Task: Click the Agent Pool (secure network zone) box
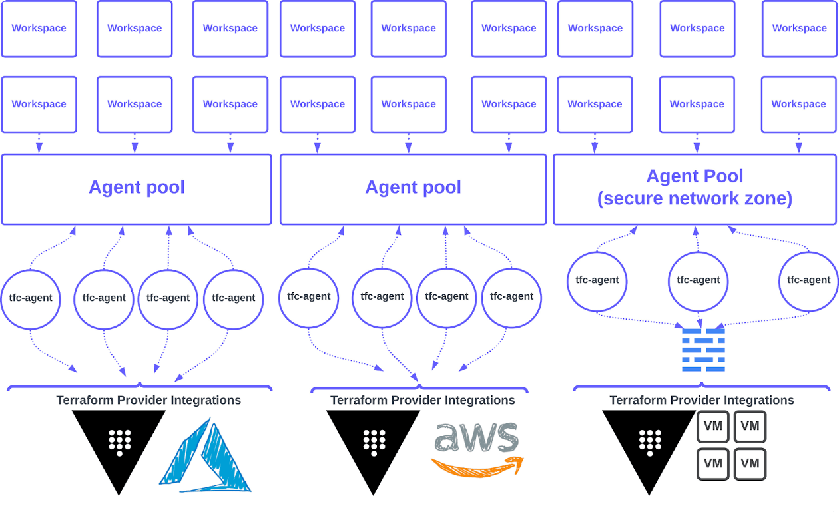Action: [695, 190]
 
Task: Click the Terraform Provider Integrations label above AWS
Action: [422, 400]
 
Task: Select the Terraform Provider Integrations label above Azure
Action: [148, 400]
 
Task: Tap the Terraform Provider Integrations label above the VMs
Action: [702, 400]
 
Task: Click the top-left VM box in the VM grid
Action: [713, 427]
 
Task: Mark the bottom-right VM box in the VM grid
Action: [750, 464]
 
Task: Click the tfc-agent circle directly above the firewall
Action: [698, 280]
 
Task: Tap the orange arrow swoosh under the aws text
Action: [477, 465]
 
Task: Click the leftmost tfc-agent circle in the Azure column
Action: [31, 298]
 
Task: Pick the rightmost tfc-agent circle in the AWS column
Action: [511, 297]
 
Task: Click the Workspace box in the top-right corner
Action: [799, 29]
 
